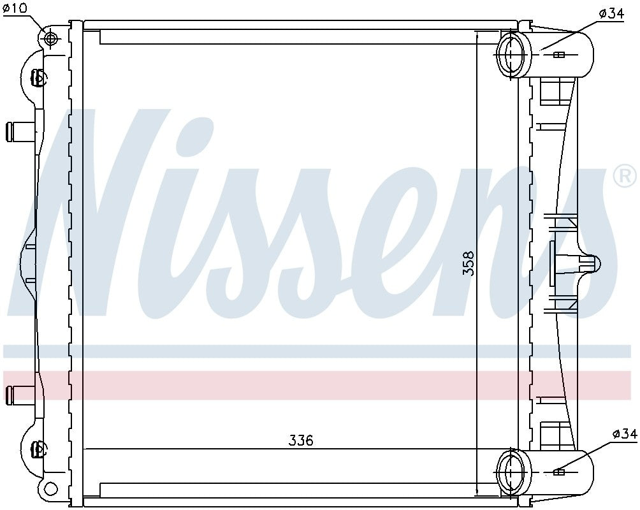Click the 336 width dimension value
(x=301, y=441)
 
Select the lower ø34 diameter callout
(x=624, y=434)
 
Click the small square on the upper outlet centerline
(x=559, y=55)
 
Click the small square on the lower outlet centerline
(x=559, y=472)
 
